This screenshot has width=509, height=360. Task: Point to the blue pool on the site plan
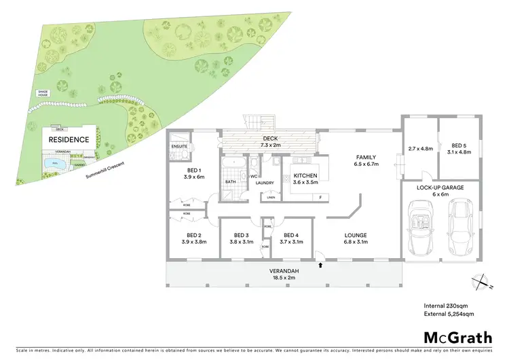click(53, 164)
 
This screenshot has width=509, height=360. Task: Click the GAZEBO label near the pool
click(79, 163)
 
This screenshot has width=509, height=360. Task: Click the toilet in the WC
click(253, 166)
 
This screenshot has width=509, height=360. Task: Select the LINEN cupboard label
click(271, 197)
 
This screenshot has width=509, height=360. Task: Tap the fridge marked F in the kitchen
click(320, 197)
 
